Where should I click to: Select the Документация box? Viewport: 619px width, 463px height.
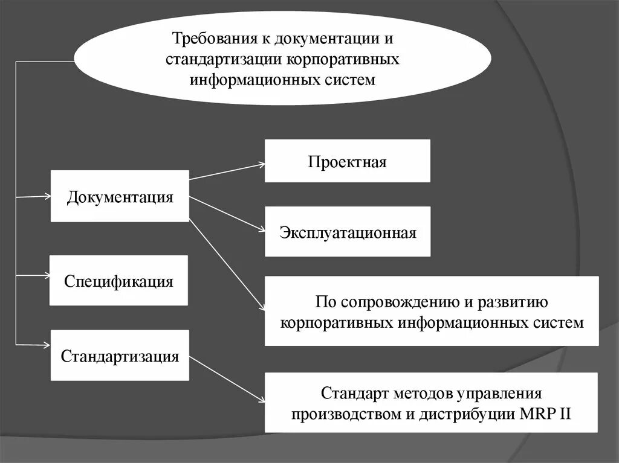pos(120,197)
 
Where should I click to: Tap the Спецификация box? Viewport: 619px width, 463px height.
pos(119,281)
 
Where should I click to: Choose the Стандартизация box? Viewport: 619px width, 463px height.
pos(120,355)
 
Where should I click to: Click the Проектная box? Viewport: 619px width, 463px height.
pos(347,161)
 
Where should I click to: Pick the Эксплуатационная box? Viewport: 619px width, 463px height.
pos(348,232)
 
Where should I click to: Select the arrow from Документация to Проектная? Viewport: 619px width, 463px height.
pos(227,171)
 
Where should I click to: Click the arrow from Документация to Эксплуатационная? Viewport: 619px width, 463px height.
pos(227,213)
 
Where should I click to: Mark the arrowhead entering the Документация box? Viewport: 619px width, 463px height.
pos(47,196)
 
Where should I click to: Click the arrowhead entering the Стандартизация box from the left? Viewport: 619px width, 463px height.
pos(47,345)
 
